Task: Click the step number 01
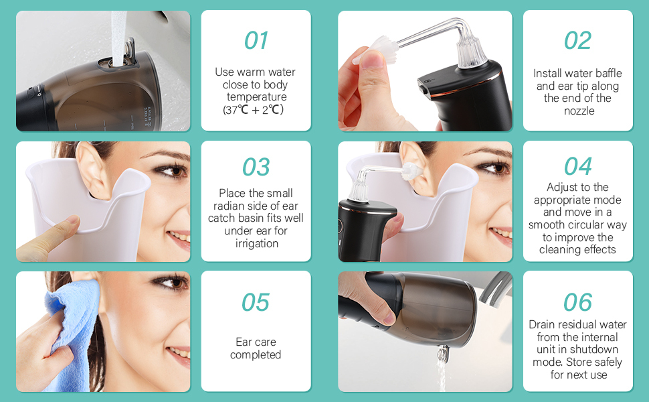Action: coord(256,41)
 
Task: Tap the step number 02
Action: coord(578,41)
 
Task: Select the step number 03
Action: coord(256,167)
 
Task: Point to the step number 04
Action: coord(578,167)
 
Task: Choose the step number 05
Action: coord(256,302)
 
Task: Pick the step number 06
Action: coord(578,302)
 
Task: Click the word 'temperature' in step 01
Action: coord(257,97)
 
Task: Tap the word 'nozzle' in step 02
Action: coord(579,111)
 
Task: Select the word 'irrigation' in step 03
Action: coord(257,243)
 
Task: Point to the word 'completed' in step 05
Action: coord(256,354)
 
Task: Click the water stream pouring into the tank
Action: coord(118,38)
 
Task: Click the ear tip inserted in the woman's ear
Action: coord(411,171)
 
